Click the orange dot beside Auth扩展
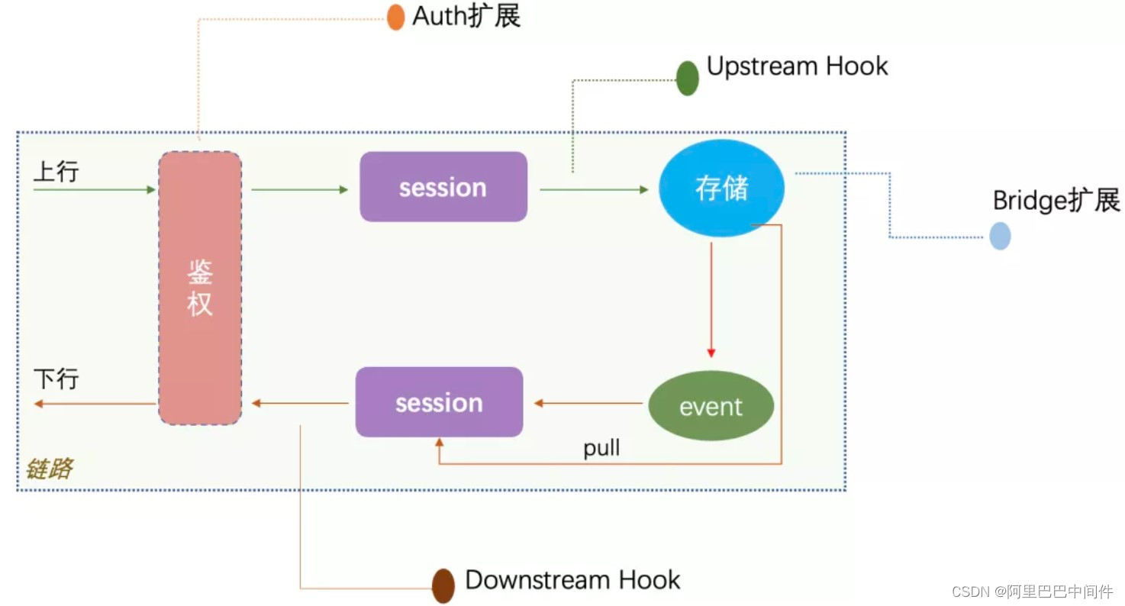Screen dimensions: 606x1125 coord(395,17)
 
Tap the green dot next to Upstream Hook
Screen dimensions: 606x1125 coord(688,78)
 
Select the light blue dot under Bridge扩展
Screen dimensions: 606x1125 coord(1000,236)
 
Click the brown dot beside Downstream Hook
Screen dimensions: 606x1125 coord(443,585)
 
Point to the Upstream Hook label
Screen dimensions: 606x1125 coord(797,66)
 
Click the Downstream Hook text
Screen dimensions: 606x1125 coord(572,580)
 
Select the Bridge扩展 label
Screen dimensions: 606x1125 coord(1056,201)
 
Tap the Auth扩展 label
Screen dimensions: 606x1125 coord(466,16)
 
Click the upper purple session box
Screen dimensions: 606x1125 coord(443,187)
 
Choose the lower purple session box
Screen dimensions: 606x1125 coord(439,402)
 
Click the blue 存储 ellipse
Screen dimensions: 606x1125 coord(721,189)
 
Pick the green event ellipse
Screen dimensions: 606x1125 coord(711,406)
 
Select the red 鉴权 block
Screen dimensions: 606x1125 coord(200,288)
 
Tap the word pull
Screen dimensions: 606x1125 coord(601,448)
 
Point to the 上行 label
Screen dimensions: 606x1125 coord(56,172)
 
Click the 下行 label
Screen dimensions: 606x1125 coord(56,379)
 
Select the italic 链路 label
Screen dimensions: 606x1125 coord(49,469)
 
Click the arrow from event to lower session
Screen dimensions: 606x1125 coord(588,403)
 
